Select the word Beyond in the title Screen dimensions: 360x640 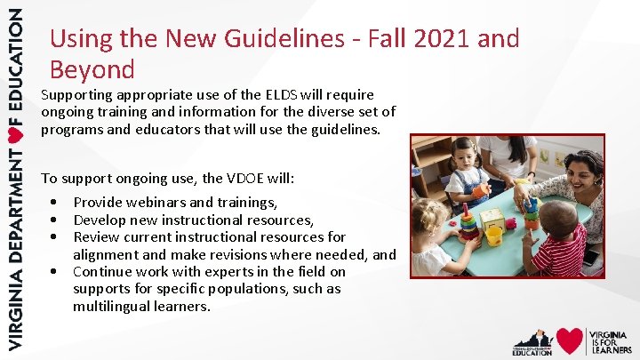tap(92, 69)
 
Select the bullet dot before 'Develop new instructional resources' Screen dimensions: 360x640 tap(55, 220)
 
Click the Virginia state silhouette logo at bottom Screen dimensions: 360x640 tap(532, 340)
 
